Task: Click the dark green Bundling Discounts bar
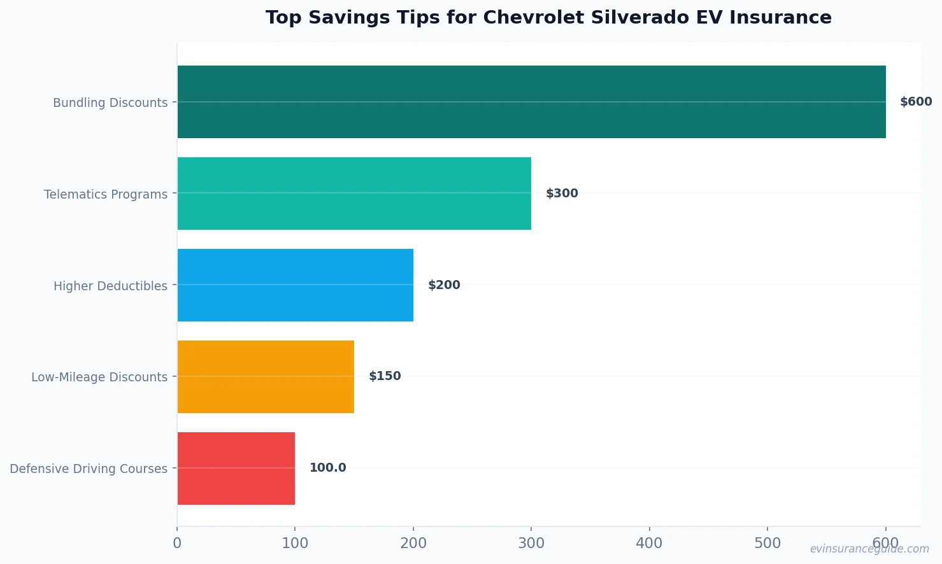pyautogui.click(x=531, y=102)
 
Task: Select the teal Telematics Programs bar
pyautogui.click(x=354, y=194)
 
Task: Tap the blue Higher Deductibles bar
pyautogui.click(x=295, y=285)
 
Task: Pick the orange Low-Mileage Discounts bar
pyautogui.click(x=266, y=377)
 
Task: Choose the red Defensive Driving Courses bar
pyautogui.click(x=236, y=469)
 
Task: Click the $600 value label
pyautogui.click(x=915, y=102)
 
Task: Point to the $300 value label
pyautogui.click(x=562, y=194)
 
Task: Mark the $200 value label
pyautogui.click(x=444, y=285)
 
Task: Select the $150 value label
pyautogui.click(x=385, y=376)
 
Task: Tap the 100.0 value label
pyautogui.click(x=327, y=468)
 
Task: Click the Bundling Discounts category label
pyautogui.click(x=110, y=102)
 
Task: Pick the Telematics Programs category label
pyautogui.click(x=106, y=194)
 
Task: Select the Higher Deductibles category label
pyautogui.click(x=110, y=286)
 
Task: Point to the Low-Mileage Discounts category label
pyautogui.click(x=99, y=377)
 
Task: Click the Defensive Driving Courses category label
pyautogui.click(x=89, y=469)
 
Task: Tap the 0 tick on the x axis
pyautogui.click(x=177, y=543)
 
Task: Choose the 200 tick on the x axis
pyautogui.click(x=413, y=543)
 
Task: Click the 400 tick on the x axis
pyautogui.click(x=649, y=543)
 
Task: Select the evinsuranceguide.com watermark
pyautogui.click(x=869, y=549)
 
